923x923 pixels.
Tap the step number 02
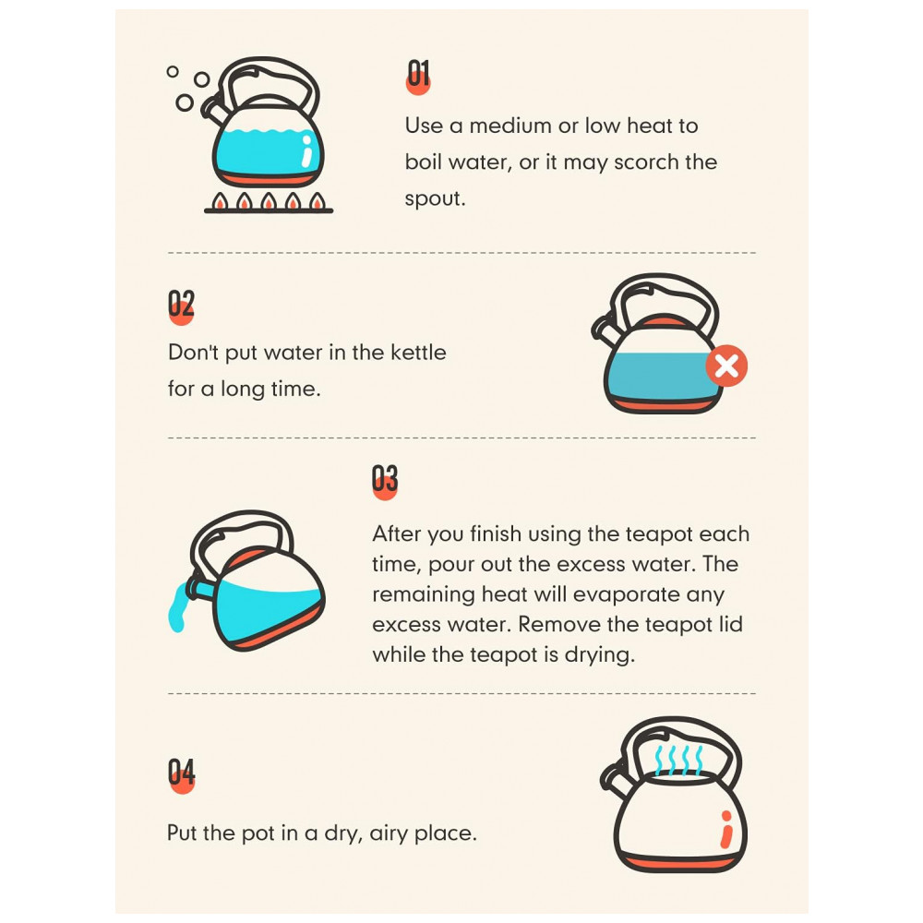tap(181, 305)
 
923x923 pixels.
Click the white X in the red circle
tap(727, 366)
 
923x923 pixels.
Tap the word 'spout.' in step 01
tap(435, 199)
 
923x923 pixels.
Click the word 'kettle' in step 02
tap(418, 352)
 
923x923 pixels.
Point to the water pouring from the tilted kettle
tap(176, 612)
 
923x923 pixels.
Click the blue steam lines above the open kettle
tap(678, 760)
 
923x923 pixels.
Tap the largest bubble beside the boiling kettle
tap(185, 102)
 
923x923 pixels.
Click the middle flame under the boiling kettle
tap(269, 200)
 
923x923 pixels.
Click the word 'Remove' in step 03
tap(558, 624)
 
